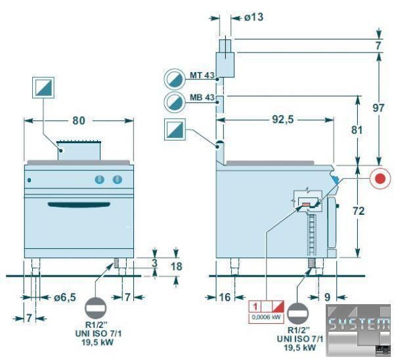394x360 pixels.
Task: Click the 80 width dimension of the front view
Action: click(79, 121)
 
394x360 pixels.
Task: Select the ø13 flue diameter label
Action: click(253, 18)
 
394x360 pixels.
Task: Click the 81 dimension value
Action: click(357, 129)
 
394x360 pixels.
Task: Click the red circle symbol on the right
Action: click(379, 179)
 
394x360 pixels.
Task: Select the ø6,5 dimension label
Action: click(64, 297)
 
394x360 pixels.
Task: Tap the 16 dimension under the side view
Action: click(225, 297)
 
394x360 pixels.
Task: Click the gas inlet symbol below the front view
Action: click(97, 307)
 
